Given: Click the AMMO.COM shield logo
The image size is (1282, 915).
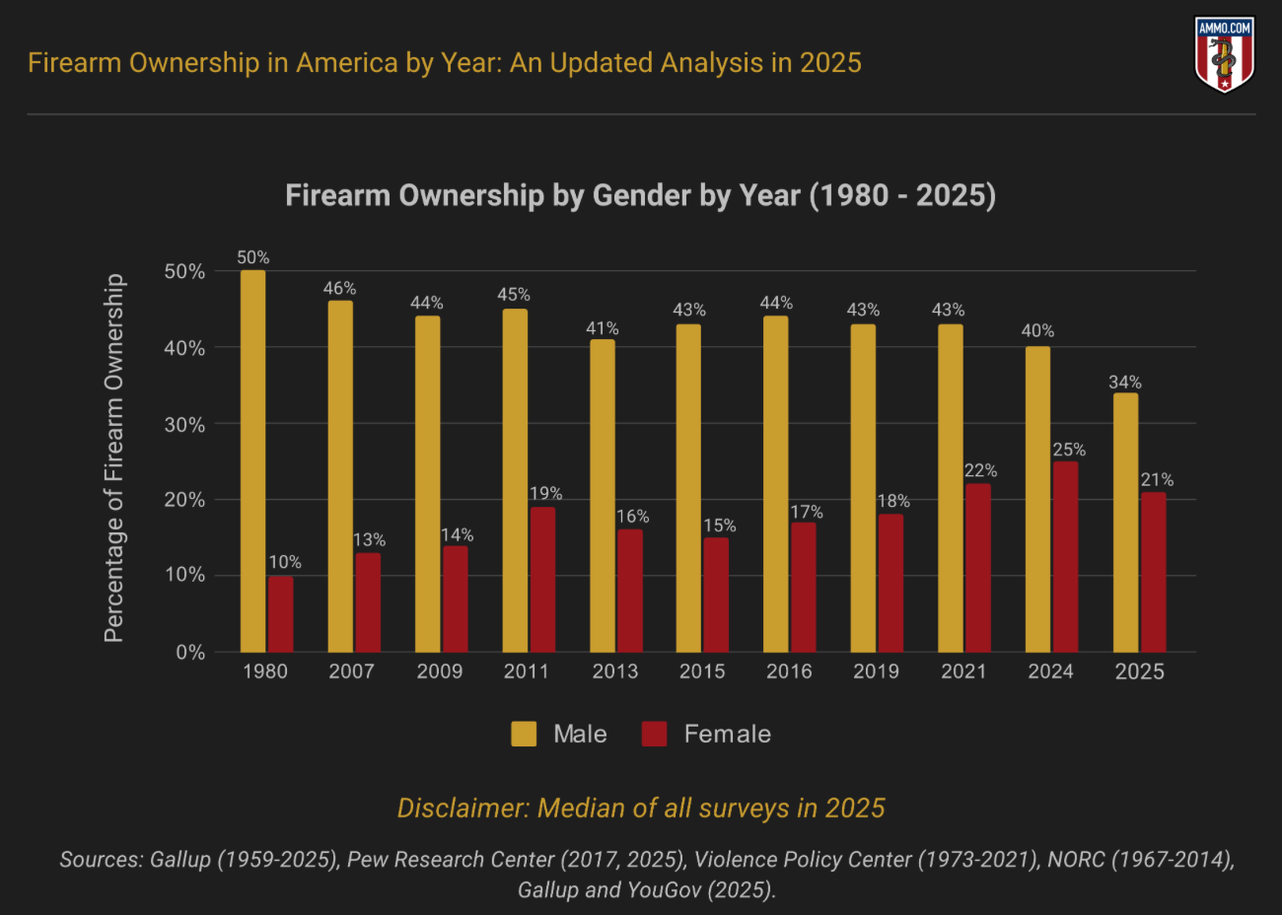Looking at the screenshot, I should [x=1224, y=54].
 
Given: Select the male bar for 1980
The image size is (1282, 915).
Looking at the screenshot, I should [x=252, y=460].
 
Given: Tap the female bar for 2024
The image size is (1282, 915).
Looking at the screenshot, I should [x=1065, y=556].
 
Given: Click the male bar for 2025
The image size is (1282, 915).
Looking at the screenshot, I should [x=1125, y=522].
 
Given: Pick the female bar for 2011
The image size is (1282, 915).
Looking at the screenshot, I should [x=542, y=579].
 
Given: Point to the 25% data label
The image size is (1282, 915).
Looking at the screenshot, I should [x=1069, y=450].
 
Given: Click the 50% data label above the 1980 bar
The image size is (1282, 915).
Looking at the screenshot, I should [x=252, y=257].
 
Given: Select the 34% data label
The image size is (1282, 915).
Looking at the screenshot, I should [x=1124, y=382].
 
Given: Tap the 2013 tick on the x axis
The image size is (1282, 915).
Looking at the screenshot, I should [x=614, y=671].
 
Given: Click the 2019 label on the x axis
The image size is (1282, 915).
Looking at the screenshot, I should [x=876, y=671].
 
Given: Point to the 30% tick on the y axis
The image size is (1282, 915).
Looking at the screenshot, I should [x=184, y=424].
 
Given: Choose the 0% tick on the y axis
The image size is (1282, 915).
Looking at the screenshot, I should [x=190, y=652].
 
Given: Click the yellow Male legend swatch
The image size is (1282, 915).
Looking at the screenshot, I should [x=524, y=734].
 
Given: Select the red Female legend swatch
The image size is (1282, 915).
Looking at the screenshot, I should [x=654, y=734].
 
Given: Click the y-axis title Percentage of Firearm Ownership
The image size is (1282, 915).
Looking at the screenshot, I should [x=114, y=458].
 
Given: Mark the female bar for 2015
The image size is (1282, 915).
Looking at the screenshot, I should [x=716, y=594].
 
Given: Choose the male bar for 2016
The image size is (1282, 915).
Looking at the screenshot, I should [x=775, y=483].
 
